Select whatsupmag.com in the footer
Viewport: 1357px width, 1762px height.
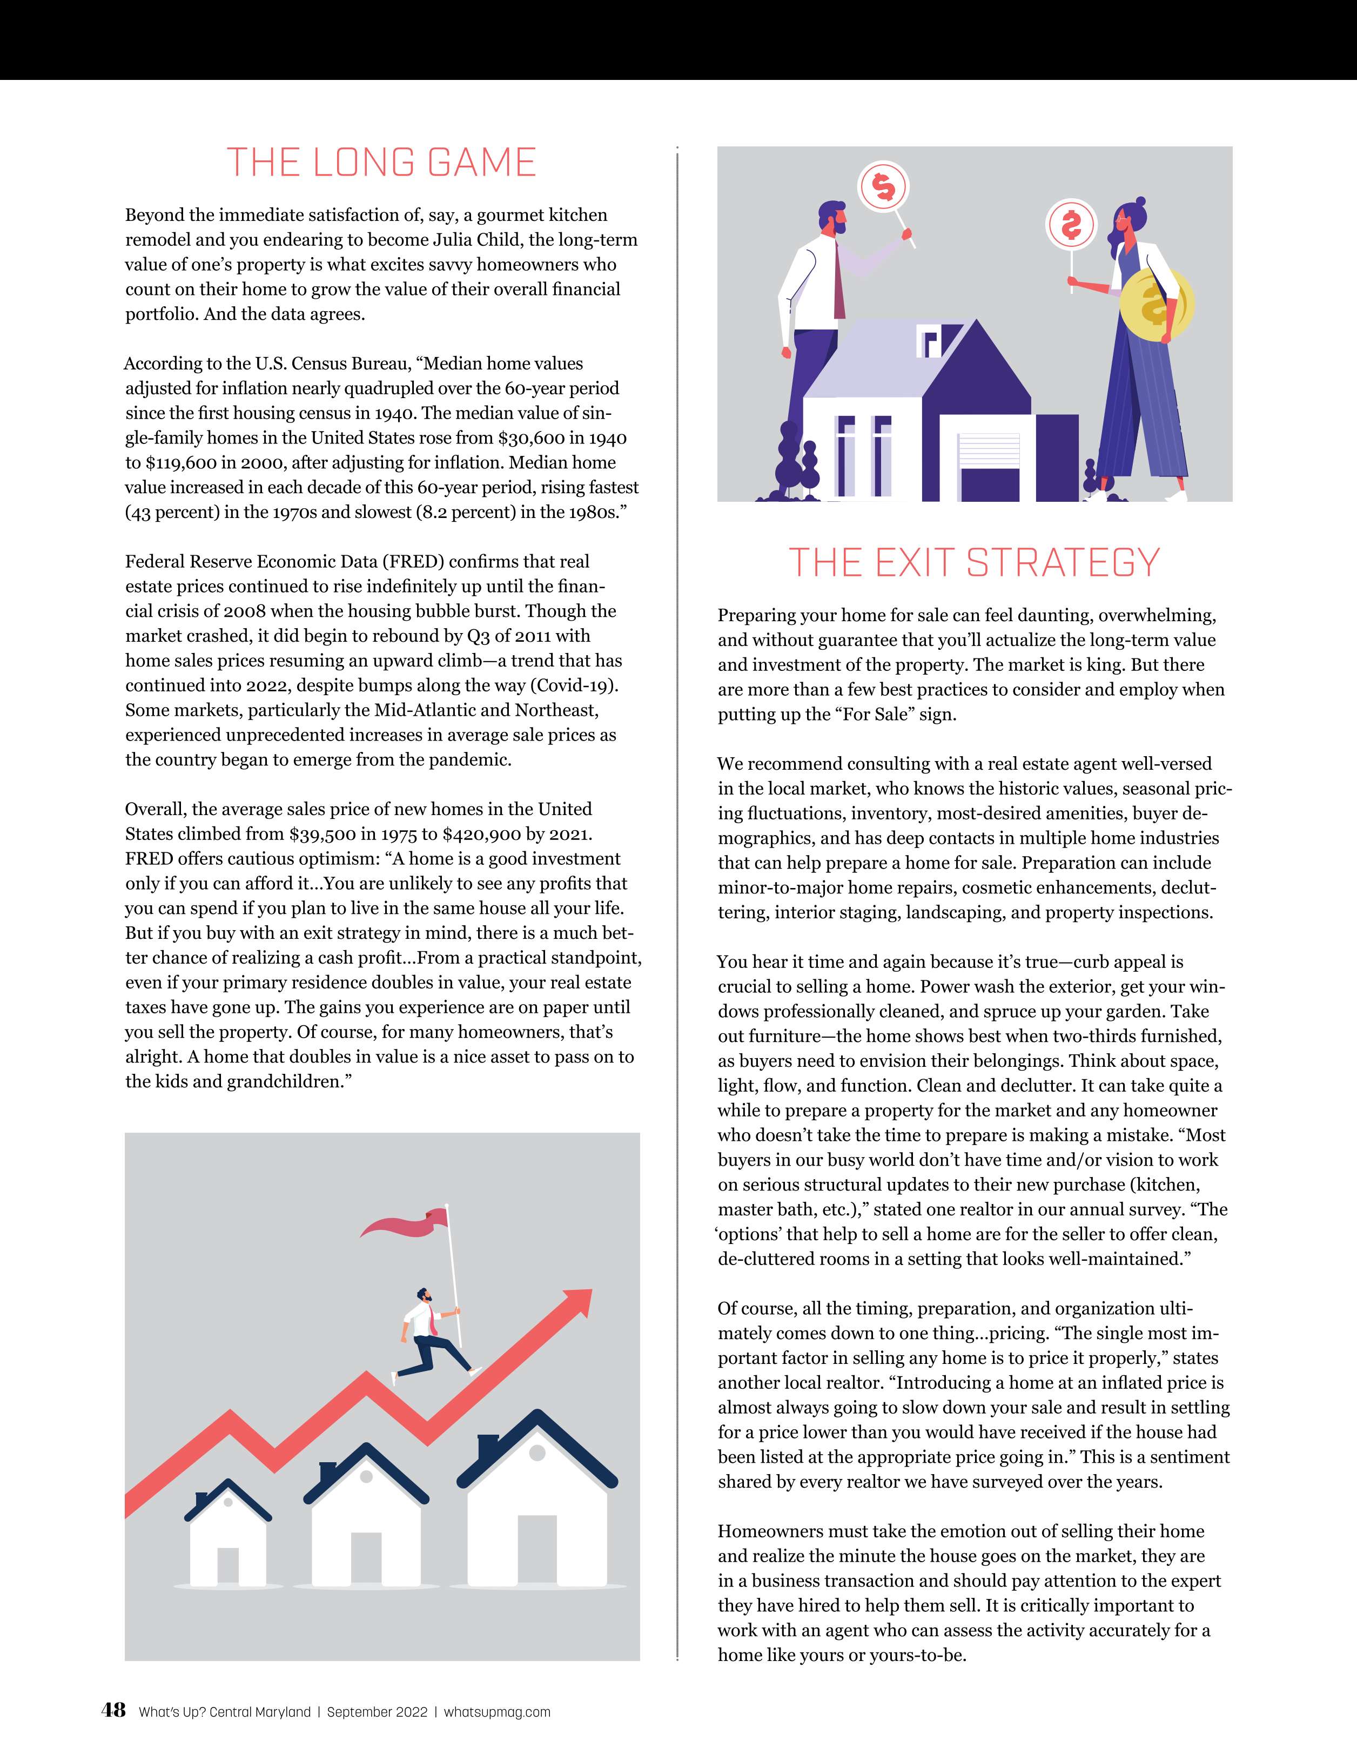[497, 1711]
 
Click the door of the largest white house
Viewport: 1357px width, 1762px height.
[536, 1550]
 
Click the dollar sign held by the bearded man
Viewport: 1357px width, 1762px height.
[883, 187]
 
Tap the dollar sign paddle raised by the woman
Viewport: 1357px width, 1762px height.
[1071, 226]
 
